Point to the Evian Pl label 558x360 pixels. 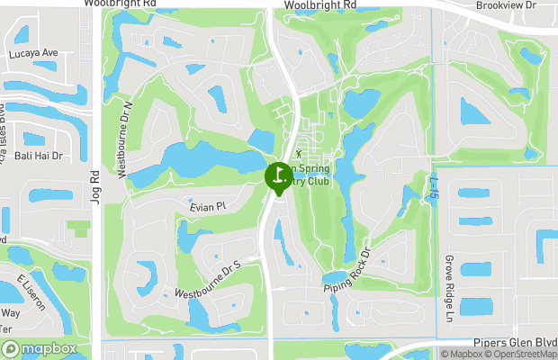(x=206, y=207)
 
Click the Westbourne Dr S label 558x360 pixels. (x=210, y=281)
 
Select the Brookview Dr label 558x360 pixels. (x=506, y=5)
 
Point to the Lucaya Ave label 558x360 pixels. (x=33, y=53)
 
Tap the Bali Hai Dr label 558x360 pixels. (x=38, y=156)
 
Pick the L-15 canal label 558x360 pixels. (x=435, y=187)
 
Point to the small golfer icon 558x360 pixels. (x=299, y=155)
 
